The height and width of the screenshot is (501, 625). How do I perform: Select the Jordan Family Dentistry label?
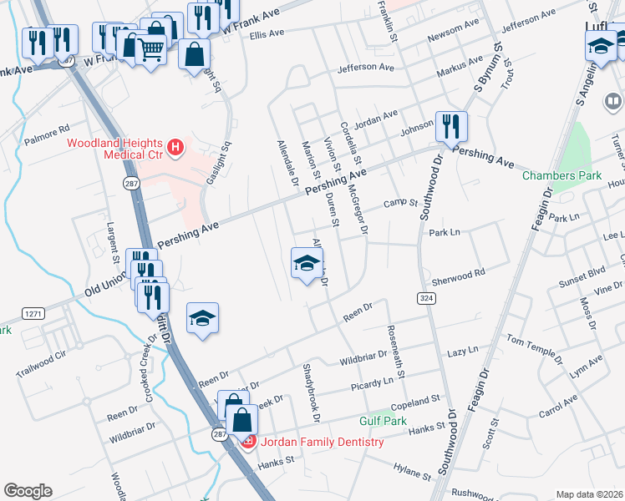[321, 442]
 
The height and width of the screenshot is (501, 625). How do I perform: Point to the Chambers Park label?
[550, 175]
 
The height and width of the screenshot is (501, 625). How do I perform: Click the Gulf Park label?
[383, 421]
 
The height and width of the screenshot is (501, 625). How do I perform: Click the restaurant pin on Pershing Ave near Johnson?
[450, 127]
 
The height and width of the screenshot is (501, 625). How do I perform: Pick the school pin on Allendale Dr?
[306, 264]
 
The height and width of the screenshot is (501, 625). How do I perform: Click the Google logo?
[28, 490]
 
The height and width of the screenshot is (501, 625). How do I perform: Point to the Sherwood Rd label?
[458, 274]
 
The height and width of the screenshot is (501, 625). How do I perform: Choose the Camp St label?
[399, 203]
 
